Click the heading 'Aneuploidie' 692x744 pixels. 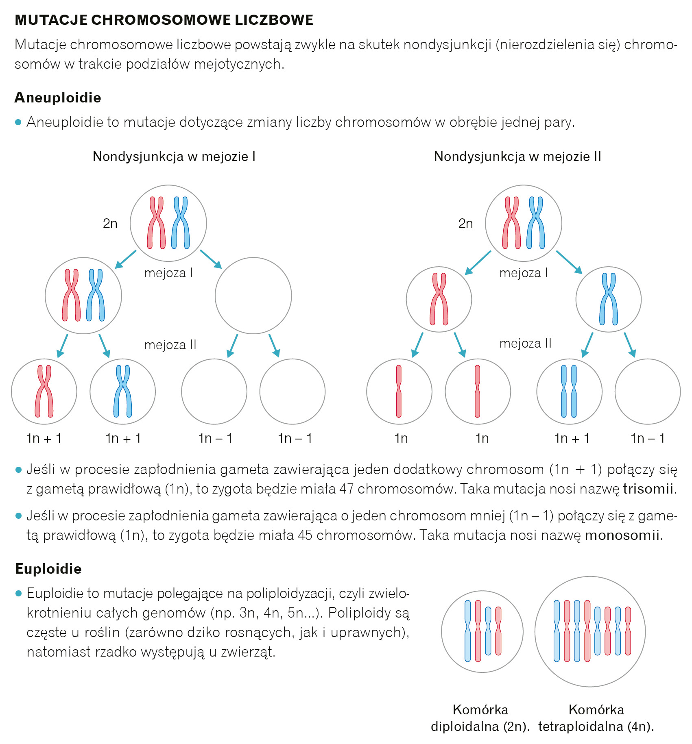(x=58, y=98)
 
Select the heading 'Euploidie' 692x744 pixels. (x=48, y=568)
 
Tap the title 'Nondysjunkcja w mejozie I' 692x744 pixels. (x=174, y=157)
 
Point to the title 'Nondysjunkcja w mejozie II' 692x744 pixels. (x=517, y=157)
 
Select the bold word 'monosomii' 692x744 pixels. (x=622, y=535)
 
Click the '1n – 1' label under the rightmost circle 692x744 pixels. (x=648, y=438)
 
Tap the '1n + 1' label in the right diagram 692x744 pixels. (x=572, y=438)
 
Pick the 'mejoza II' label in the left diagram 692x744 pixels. (x=170, y=345)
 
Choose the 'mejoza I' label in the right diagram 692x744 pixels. (x=524, y=273)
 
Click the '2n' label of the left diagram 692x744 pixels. (x=110, y=223)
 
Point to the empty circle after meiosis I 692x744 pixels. (x=253, y=296)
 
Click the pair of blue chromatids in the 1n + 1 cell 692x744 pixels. (x=569, y=391)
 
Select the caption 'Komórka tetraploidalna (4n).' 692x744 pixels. (x=596, y=718)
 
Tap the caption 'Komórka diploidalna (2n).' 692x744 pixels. (x=480, y=718)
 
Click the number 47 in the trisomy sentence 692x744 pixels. (x=346, y=488)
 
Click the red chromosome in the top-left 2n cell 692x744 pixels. (x=156, y=223)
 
